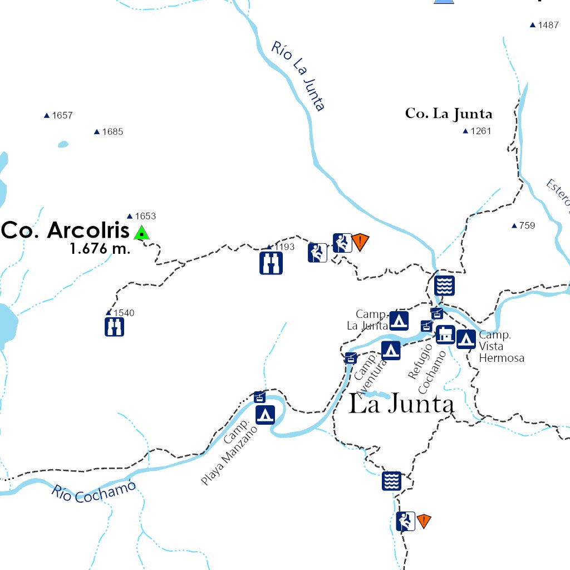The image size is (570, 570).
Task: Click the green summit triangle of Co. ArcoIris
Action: [x=142, y=233]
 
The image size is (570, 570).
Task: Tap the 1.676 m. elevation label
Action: [x=100, y=249]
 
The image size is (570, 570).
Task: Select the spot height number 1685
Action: [x=112, y=132]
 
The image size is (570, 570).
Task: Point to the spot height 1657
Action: [x=62, y=115]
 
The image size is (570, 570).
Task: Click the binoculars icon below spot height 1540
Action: [x=114, y=327]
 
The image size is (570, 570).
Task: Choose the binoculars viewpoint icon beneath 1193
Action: [x=271, y=263]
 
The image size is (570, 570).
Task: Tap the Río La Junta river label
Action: [x=298, y=76]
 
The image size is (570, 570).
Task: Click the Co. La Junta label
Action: [x=449, y=114]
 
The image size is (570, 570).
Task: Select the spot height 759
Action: [x=527, y=225]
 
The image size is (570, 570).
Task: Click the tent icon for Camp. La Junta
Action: [x=399, y=320]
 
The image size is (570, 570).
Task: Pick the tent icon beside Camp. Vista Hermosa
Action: [x=466, y=338]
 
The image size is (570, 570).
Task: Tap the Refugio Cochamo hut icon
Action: [x=445, y=335]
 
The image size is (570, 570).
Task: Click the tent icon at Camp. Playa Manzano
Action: [x=265, y=415]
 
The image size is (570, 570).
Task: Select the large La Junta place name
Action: [x=401, y=405]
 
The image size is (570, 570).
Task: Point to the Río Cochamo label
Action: [x=94, y=491]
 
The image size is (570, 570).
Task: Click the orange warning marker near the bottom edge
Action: [x=424, y=521]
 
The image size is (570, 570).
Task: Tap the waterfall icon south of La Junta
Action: [x=391, y=481]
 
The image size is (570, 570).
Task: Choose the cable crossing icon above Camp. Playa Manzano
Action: [x=259, y=397]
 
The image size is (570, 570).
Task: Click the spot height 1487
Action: [x=548, y=25]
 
